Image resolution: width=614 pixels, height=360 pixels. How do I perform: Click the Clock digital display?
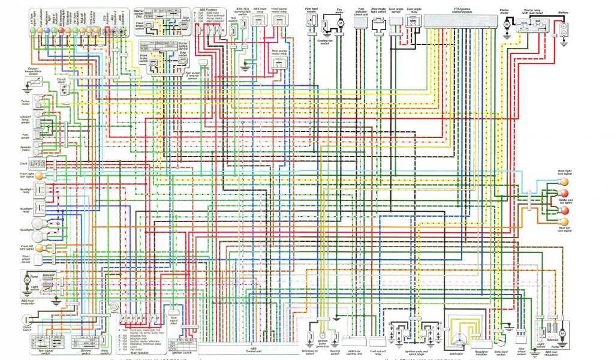coord(38,163)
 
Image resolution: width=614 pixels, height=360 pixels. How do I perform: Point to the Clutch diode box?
coord(64,88)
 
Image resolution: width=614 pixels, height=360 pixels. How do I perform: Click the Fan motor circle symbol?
coord(339,23)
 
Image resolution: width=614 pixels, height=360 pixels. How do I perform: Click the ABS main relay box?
coord(259,20)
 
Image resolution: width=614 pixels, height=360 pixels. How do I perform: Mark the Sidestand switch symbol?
coord(500,332)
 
